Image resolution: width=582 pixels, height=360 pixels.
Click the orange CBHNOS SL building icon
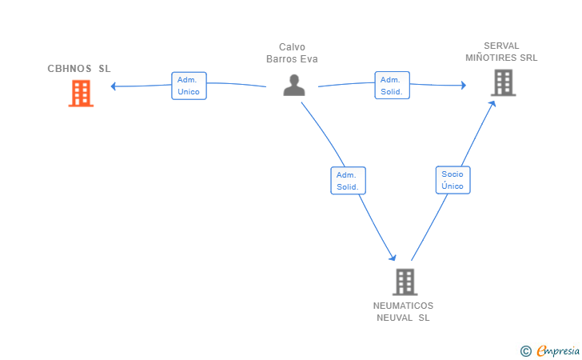coord(81,94)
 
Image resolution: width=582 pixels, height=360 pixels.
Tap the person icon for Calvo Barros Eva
coord(294,85)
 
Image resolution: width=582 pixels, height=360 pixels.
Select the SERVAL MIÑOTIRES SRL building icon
coord(504,82)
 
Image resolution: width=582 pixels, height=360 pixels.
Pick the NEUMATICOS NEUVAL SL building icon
coord(405,282)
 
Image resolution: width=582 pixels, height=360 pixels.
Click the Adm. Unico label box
coord(189,86)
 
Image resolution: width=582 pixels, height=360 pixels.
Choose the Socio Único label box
coord(452,180)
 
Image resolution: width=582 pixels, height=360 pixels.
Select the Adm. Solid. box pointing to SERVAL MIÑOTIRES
coord(392,86)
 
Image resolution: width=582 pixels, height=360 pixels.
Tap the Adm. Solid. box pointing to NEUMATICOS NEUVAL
coord(349,181)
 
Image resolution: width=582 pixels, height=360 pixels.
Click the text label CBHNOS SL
coord(79,69)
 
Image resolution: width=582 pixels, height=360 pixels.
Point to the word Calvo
coord(292,47)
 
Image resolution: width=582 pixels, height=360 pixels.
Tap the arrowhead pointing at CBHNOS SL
coord(114,86)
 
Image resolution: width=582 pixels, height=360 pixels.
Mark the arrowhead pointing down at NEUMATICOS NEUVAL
coord(393,258)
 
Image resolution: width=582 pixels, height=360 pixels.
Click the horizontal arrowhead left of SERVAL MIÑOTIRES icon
coord(464,85)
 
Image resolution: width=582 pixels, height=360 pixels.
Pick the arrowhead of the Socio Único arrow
coord(492,104)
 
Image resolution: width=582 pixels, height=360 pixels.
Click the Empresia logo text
coord(558,350)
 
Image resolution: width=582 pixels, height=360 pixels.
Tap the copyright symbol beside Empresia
coord(526,351)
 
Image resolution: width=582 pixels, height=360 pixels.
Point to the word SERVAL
coord(501,46)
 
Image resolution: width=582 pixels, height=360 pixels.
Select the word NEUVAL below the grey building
coord(395,318)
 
